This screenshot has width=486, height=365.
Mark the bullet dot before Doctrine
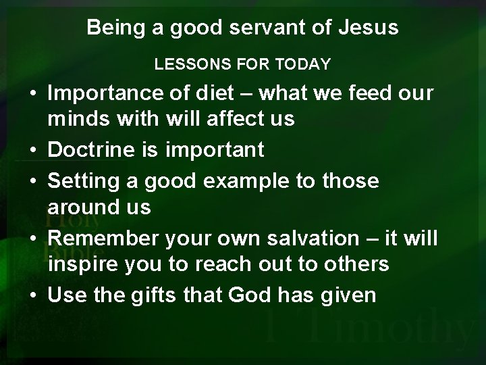tap(32, 151)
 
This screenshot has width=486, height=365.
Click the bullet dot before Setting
tap(32, 180)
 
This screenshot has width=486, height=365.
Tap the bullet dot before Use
tap(32, 295)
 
